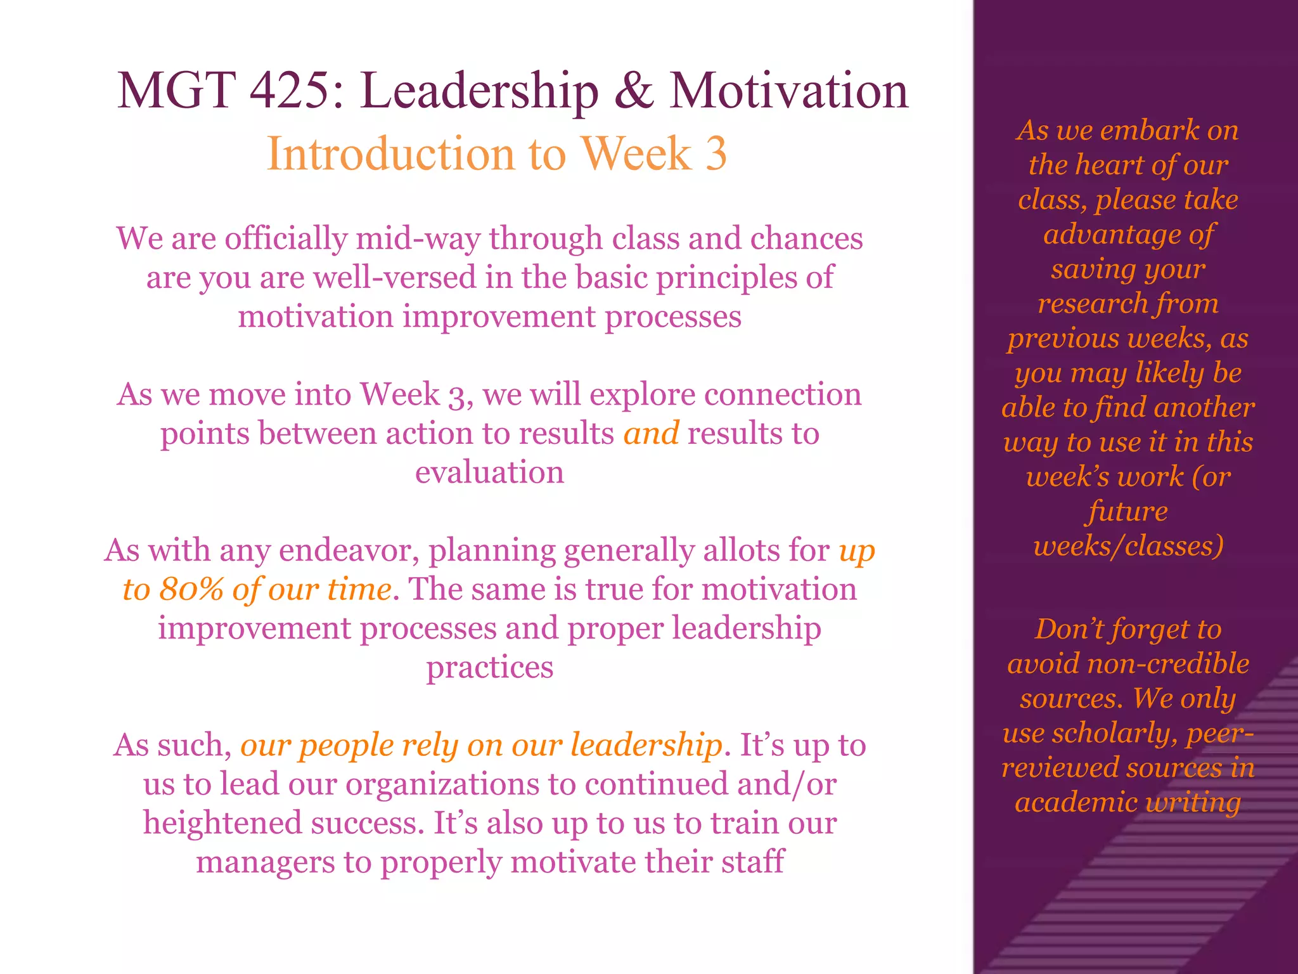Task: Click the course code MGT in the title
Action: [177, 91]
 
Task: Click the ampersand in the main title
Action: [633, 91]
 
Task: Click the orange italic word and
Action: [651, 434]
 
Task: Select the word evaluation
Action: [489, 472]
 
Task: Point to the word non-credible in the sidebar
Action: [1167, 664]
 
